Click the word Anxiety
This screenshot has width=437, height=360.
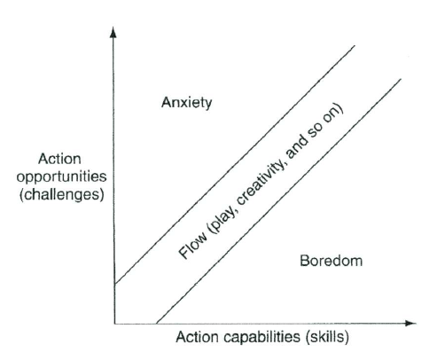pos(187,103)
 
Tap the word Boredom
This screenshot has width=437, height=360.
pos(331,261)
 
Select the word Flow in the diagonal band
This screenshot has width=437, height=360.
pos(192,246)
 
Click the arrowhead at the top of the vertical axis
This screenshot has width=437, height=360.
pos(113,32)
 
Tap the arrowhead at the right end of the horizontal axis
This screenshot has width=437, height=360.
pos(410,324)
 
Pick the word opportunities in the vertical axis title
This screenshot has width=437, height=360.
pos(61,176)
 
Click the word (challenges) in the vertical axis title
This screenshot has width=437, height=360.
pos(62,195)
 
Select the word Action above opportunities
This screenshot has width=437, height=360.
pos(59,159)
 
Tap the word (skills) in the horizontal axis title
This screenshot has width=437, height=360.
pos(327,337)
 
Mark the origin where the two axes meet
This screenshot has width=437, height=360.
pos(114,324)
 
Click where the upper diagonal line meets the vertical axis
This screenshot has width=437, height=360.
pos(114,284)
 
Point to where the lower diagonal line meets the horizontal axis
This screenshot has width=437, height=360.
pos(156,324)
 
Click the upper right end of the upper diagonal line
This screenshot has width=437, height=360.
pos(355,46)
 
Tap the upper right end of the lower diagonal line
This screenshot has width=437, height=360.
pos(401,79)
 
